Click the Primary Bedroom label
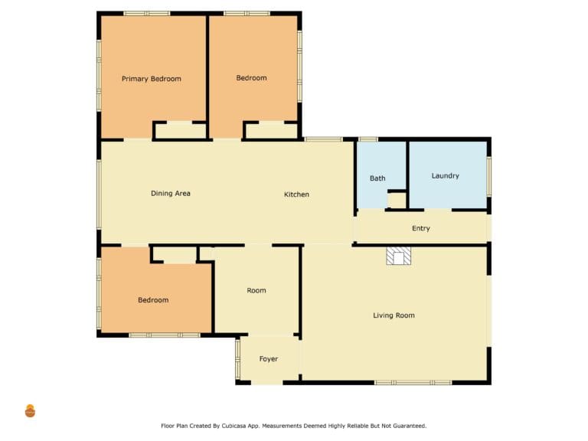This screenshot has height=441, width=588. pyautogui.click(x=152, y=79)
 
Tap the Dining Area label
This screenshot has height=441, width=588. pyautogui.click(x=171, y=194)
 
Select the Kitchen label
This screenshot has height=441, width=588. pyautogui.click(x=296, y=194)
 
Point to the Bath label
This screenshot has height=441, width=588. pyautogui.click(x=377, y=178)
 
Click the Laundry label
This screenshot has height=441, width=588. pyautogui.click(x=445, y=176)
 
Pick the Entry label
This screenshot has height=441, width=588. pyautogui.click(x=421, y=228)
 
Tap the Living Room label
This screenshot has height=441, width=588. pyautogui.click(x=394, y=315)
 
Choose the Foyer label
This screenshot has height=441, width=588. pyautogui.click(x=269, y=359)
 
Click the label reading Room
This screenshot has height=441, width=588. pyautogui.click(x=256, y=290)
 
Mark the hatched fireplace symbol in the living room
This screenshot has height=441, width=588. pyautogui.click(x=399, y=256)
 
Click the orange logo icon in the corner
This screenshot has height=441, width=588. pyautogui.click(x=30, y=411)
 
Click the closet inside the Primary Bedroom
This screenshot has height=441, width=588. pyautogui.click(x=181, y=131)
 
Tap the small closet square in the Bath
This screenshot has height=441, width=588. pyautogui.click(x=397, y=201)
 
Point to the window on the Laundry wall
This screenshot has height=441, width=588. pyautogui.click(x=489, y=176)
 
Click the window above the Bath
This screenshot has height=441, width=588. pyautogui.click(x=368, y=139)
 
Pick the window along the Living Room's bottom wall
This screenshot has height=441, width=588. pyautogui.click(x=413, y=383)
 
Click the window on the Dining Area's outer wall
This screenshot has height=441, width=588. pyautogui.click(x=99, y=194)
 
